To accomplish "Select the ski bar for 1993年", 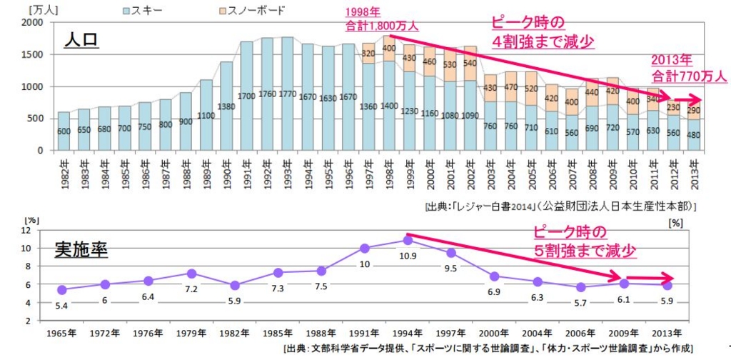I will coord(287,94).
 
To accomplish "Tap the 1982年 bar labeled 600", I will coord(64,131).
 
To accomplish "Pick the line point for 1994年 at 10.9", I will coord(407,241).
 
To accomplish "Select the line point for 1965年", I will coord(62,289).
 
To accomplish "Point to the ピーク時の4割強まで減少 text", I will coord(543,32).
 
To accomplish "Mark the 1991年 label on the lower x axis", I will coord(364,333).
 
